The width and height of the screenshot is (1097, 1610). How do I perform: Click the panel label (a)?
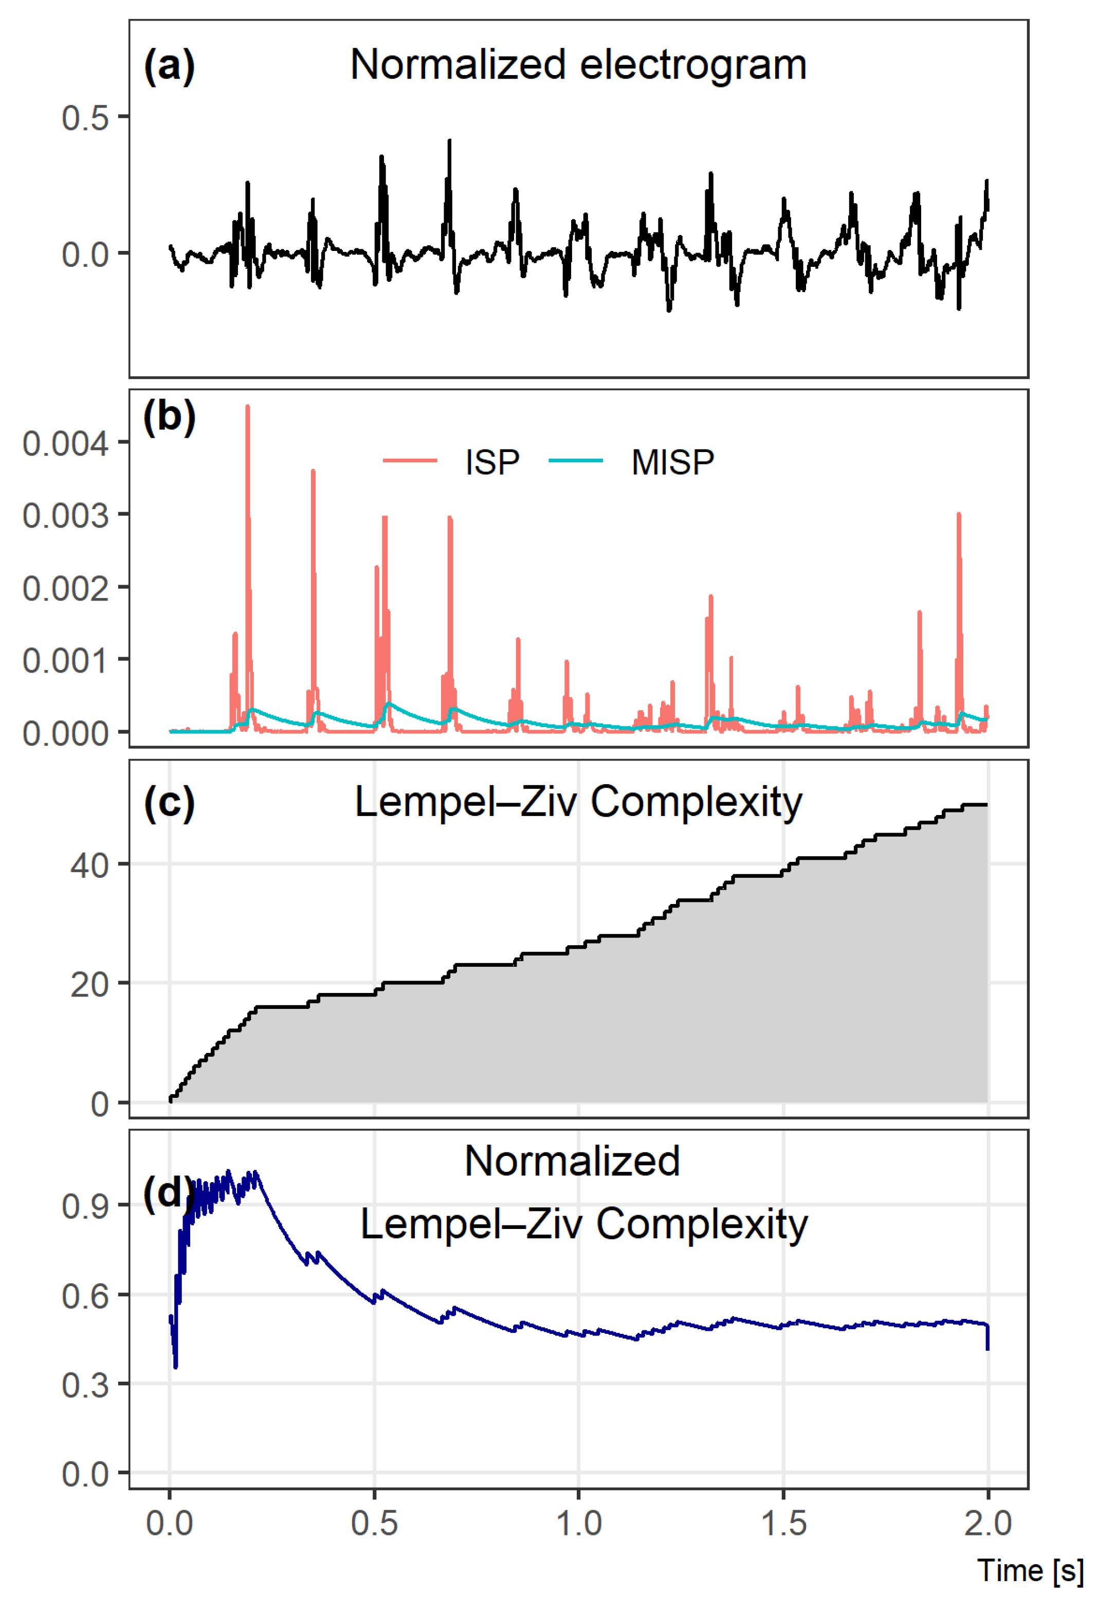coord(169,66)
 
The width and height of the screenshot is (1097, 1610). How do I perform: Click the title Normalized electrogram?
coord(578,65)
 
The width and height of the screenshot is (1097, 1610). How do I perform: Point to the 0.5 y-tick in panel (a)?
coord(85,118)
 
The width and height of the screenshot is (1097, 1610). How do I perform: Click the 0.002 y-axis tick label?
coord(66,588)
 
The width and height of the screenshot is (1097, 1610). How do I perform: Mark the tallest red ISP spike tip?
coord(247,407)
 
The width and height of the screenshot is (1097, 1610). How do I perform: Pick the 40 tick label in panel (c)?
coord(89,866)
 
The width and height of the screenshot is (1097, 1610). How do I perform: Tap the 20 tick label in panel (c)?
coord(89,984)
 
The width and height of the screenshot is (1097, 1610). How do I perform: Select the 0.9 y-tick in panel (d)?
coord(85,1207)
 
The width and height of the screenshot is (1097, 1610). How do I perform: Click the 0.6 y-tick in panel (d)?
coord(85,1296)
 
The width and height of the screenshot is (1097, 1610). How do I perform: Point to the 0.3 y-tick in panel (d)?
coord(85,1385)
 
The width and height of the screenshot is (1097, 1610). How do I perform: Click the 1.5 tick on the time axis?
coord(783,1524)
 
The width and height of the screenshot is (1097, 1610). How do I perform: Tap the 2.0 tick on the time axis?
coord(988,1524)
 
